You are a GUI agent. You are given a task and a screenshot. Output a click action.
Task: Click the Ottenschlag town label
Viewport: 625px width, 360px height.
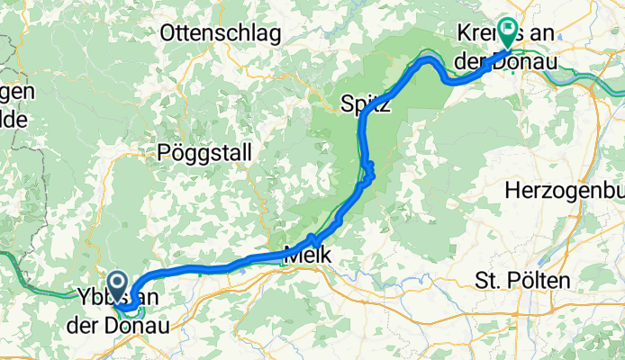pyautogui.click(x=220, y=33)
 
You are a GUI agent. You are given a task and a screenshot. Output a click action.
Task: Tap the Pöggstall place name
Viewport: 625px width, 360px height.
pyautogui.click(x=204, y=150)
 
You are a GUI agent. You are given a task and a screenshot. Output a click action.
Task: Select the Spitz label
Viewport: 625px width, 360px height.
pyautogui.click(x=366, y=105)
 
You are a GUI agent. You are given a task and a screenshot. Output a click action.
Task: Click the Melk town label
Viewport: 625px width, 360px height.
pyautogui.click(x=307, y=256)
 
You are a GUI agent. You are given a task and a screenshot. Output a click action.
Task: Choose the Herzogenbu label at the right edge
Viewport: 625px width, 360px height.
pyautogui.click(x=564, y=190)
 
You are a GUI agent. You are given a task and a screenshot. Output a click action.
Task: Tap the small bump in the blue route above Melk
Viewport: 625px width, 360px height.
pyautogui.click(x=312, y=238)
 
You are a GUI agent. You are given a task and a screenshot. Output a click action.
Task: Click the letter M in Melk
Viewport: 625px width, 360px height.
pyautogui.click(x=291, y=256)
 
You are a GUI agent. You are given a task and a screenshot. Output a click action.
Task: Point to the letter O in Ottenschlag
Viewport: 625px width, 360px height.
pyautogui.click(x=169, y=33)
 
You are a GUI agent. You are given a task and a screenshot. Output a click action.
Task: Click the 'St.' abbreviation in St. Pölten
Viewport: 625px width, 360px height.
pyautogui.click(x=486, y=281)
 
